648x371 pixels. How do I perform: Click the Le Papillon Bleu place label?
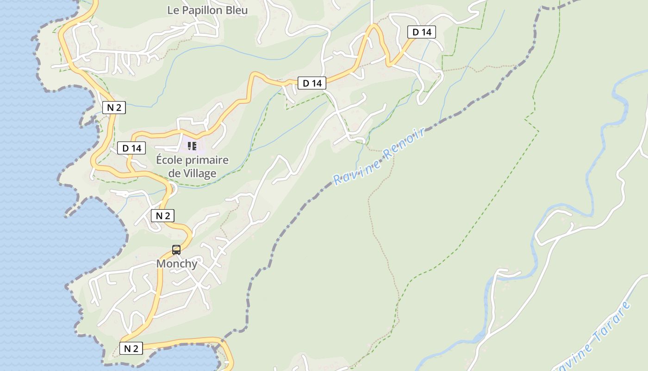point(207,10)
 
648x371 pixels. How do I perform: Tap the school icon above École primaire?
point(192,147)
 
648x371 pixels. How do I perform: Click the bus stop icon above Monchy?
point(176,250)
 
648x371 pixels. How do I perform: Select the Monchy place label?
point(177,263)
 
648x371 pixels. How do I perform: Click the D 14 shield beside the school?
point(131,148)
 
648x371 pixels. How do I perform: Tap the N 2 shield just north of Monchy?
point(162,216)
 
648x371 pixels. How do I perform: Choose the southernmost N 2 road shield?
point(131,348)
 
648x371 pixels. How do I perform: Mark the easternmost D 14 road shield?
point(422,32)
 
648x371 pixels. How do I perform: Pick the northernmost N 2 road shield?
point(114,108)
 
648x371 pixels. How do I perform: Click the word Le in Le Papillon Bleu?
point(173,10)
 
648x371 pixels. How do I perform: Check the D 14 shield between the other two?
point(312,83)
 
